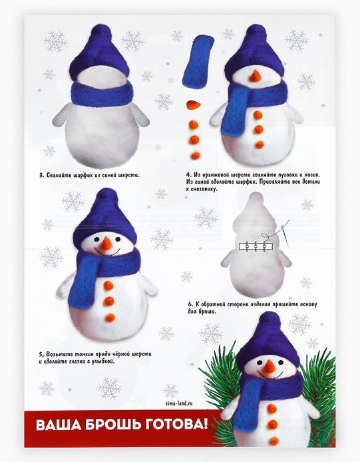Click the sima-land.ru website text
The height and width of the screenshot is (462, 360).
pyautogui.click(x=179, y=403)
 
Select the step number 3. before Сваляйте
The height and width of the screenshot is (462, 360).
pyautogui.click(x=42, y=175)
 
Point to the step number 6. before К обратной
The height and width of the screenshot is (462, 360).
pyautogui.click(x=190, y=304)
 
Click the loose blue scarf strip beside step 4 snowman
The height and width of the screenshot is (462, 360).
pyautogui.click(x=197, y=62)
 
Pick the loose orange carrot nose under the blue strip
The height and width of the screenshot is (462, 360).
pyautogui.click(x=194, y=105)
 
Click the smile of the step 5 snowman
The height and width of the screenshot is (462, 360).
pyautogui.click(x=107, y=252)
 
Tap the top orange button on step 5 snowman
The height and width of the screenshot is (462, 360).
pyautogui.click(x=108, y=285)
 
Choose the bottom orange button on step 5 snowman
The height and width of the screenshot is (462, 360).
pyautogui.click(x=110, y=318)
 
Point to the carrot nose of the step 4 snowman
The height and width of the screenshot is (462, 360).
pyautogui.click(x=255, y=76)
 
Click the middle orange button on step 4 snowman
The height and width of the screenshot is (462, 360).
pyautogui.click(x=259, y=129)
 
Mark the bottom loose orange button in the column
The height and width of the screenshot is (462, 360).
pyautogui.click(x=195, y=155)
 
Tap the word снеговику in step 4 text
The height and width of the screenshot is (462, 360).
pyautogui.click(x=203, y=189)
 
